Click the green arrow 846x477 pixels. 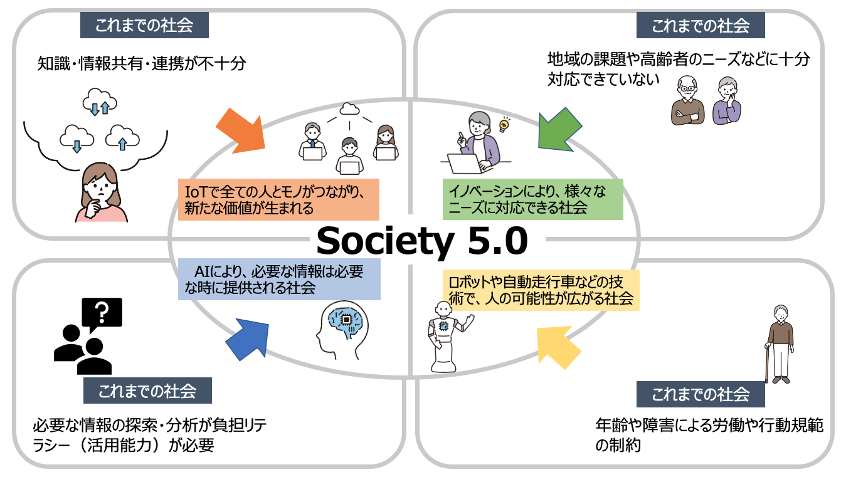559,130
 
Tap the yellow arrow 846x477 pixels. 558,347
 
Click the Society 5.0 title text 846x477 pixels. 422,241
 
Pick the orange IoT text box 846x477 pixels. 278,199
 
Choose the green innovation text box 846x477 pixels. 533,199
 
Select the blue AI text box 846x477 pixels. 279,280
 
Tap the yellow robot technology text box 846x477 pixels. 541,290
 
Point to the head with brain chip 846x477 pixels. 342,330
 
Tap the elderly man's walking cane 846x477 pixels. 768,363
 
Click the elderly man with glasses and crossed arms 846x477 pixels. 687,100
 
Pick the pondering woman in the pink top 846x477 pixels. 101,192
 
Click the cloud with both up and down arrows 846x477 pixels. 100,101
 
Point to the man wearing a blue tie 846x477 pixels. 312,142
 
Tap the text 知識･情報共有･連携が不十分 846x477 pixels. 142,63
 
